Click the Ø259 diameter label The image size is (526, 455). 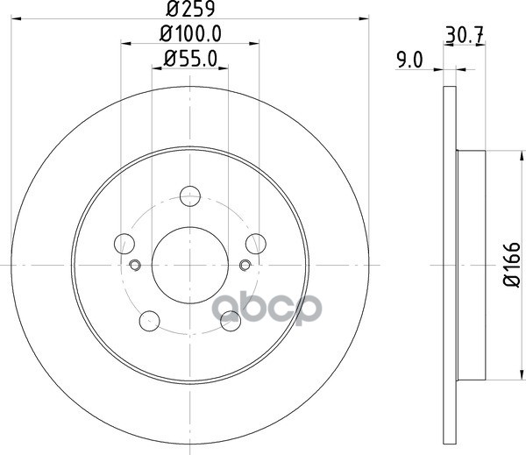point(190,9)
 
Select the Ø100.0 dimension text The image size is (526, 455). point(190,34)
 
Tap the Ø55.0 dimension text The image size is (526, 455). point(190,59)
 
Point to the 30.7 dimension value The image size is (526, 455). point(465,35)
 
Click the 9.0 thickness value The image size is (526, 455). point(409,60)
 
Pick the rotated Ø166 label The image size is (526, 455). point(512,265)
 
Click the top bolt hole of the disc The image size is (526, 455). point(190,196)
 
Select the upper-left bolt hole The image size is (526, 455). point(124,244)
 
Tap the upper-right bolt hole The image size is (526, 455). point(256,244)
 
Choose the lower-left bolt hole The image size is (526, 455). point(150,321)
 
